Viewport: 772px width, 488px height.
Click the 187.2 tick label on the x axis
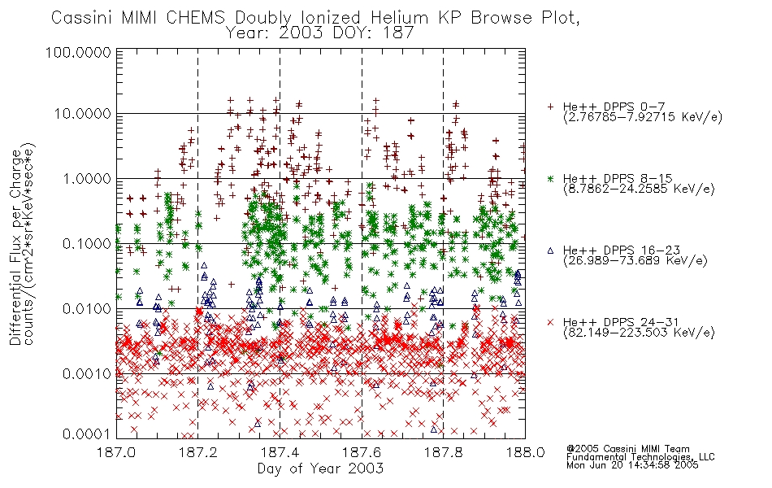coord(198,452)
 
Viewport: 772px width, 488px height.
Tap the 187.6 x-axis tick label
coord(362,452)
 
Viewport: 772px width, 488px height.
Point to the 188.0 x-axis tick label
coord(525,452)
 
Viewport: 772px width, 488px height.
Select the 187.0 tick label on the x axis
coord(117,452)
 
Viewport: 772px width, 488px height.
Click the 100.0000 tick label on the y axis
coord(78,52)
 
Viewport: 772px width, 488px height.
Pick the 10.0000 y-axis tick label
coord(83,114)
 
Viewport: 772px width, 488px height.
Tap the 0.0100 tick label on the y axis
coord(87,309)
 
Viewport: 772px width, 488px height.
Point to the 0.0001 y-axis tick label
coord(87,434)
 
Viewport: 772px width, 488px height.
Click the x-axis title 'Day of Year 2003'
coord(320,468)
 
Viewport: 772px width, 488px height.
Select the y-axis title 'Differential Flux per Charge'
coord(15,247)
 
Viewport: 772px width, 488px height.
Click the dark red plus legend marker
coord(550,107)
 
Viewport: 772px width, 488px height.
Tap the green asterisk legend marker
coord(550,178)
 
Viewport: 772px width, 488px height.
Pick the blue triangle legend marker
coord(550,251)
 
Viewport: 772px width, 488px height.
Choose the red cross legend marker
coord(550,322)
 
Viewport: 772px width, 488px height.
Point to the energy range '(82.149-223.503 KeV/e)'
coord(639,333)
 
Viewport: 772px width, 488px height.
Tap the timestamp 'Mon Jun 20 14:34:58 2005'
coord(632,465)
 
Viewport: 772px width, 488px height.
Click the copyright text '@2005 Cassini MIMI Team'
coord(627,449)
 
